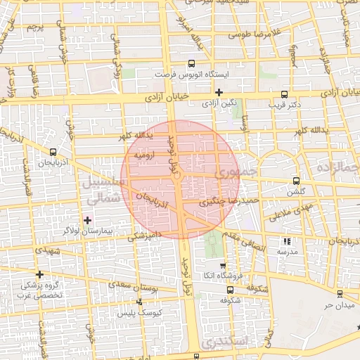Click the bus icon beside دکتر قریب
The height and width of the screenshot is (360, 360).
point(284,94)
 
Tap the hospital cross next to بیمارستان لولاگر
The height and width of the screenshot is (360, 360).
point(87,220)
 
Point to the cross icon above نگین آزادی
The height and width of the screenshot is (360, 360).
point(219,92)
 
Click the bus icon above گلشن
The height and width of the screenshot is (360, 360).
point(296,181)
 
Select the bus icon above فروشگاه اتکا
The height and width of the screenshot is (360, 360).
point(223,266)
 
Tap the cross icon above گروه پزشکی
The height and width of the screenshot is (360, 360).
point(40,274)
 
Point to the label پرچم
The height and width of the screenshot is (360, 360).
point(35,28)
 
